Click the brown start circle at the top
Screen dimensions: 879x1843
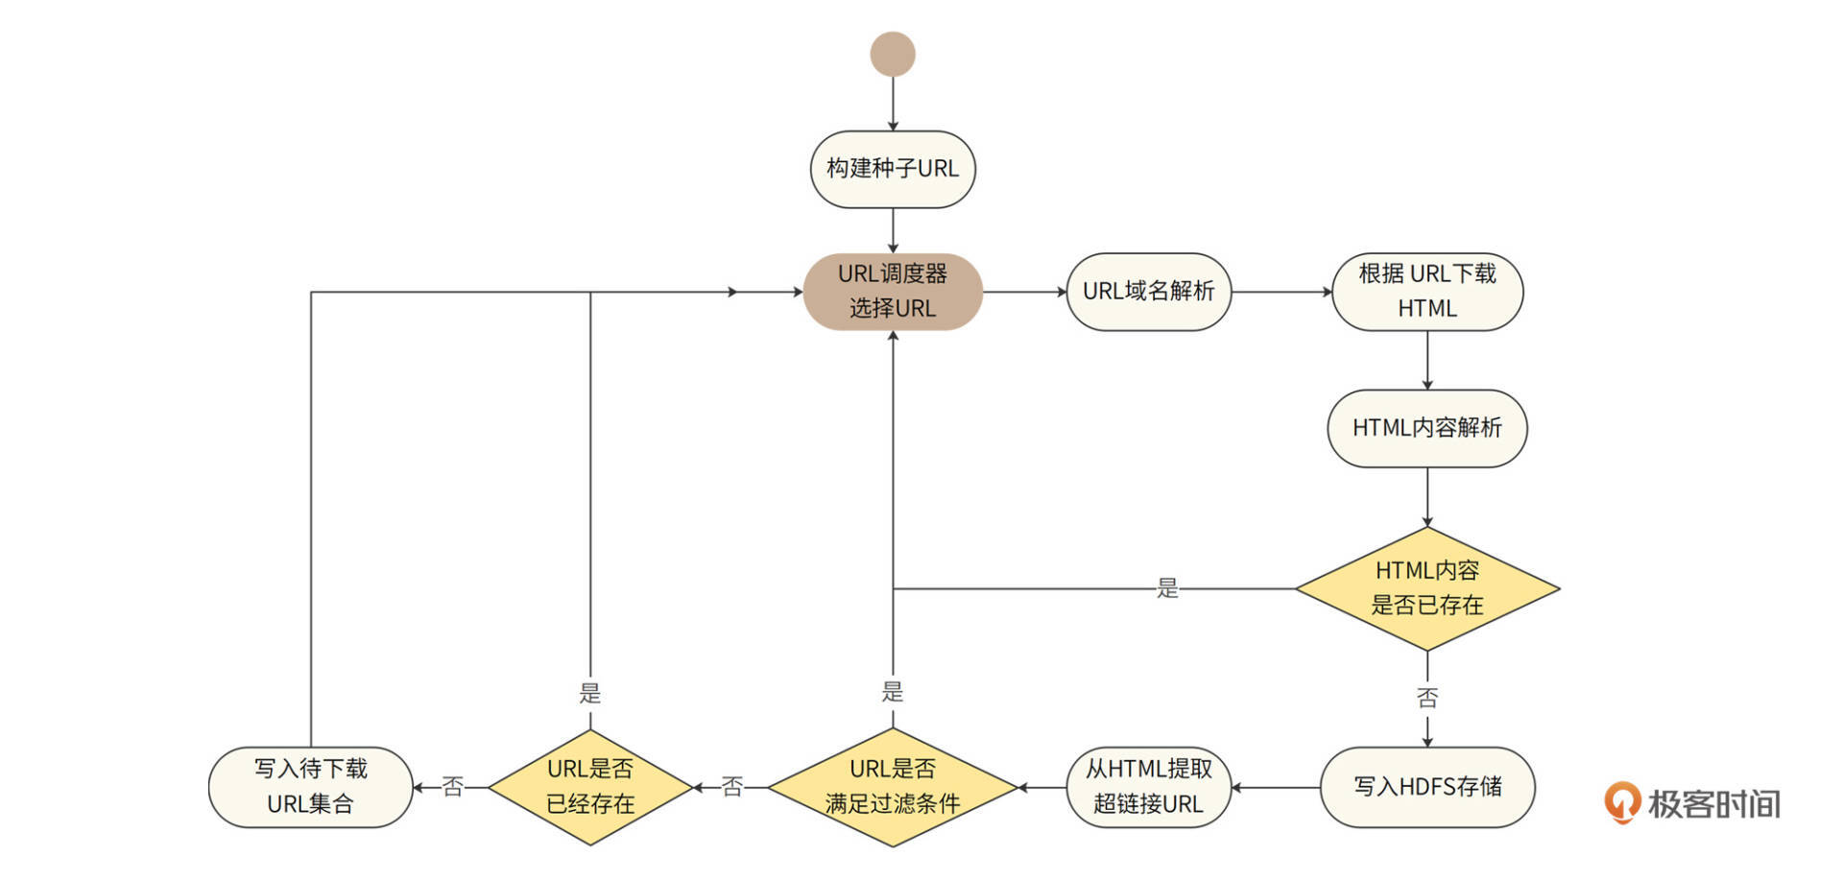coord(893,54)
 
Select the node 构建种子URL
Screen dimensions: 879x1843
coord(893,169)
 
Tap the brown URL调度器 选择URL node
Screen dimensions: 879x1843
coord(893,291)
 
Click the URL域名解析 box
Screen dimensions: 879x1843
coord(1148,291)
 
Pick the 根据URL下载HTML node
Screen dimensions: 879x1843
coord(1427,291)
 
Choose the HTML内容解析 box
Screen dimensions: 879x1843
coord(1427,428)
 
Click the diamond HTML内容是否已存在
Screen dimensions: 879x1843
coord(1427,588)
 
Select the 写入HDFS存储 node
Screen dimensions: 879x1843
coord(1427,787)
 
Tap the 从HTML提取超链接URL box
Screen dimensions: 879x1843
coord(1148,787)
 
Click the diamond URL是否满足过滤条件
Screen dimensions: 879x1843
coord(893,787)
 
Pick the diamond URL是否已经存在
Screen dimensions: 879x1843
coord(590,787)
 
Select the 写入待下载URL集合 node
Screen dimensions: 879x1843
coord(310,787)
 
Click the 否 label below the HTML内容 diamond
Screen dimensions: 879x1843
coord(1427,698)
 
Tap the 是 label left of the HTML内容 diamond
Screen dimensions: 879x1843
coord(1167,588)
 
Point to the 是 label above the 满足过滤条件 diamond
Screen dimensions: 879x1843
coord(893,691)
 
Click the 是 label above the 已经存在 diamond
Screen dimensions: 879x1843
coord(590,693)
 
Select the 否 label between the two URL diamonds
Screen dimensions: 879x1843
coord(732,787)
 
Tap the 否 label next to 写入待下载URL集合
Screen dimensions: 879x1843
coord(452,787)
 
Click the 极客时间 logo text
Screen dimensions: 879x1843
coord(1713,803)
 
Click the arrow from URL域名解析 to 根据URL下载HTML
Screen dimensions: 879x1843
coord(1281,291)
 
